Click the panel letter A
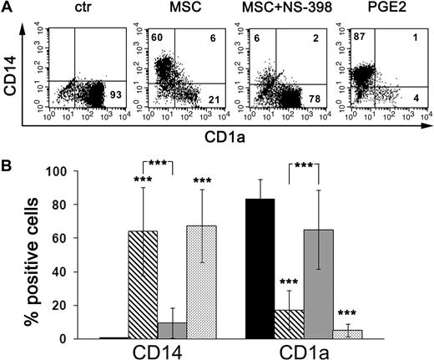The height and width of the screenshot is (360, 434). click(x=8, y=8)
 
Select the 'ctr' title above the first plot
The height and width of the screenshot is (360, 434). click(x=76, y=11)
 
